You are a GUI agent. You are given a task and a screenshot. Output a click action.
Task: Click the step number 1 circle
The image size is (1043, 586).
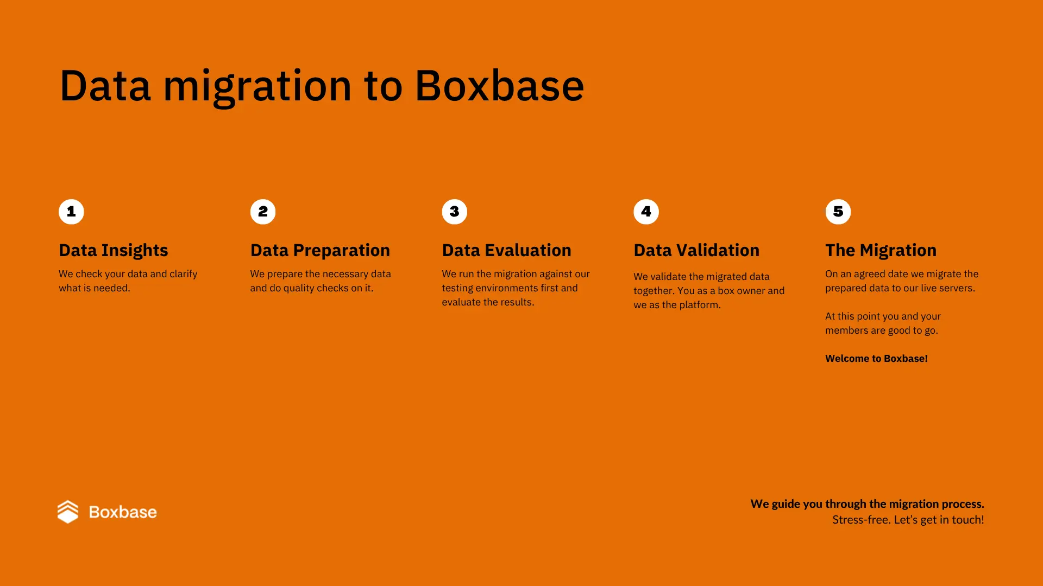71,212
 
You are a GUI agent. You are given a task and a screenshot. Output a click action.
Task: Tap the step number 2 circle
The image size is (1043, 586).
263,212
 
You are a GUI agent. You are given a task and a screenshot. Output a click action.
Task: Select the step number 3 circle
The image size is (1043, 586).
455,212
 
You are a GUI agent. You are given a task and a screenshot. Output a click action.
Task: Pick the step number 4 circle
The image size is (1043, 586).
646,212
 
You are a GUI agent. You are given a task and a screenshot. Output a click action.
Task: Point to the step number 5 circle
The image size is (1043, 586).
838,212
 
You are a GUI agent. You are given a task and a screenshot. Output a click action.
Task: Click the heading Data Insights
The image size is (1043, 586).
114,250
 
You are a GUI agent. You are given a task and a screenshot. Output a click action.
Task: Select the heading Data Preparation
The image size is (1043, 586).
320,250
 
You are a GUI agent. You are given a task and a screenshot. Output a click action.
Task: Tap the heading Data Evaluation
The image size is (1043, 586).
506,250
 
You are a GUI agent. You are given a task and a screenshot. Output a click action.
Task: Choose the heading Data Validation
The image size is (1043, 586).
696,250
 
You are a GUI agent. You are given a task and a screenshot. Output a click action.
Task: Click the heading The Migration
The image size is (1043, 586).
881,250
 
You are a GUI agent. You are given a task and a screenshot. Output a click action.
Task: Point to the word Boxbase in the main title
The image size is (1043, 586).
499,86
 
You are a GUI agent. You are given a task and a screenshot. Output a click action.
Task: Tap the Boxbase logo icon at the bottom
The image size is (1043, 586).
68,512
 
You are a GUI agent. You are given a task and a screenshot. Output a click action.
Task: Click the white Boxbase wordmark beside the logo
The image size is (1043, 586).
123,512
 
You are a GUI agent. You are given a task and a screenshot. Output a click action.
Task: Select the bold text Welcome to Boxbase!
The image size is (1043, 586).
876,359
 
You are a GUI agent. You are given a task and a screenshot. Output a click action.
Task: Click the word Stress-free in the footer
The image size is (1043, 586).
860,520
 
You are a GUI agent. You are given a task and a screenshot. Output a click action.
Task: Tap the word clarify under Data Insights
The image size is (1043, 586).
184,274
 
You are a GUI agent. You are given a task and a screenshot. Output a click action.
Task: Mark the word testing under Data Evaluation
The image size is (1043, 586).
457,288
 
